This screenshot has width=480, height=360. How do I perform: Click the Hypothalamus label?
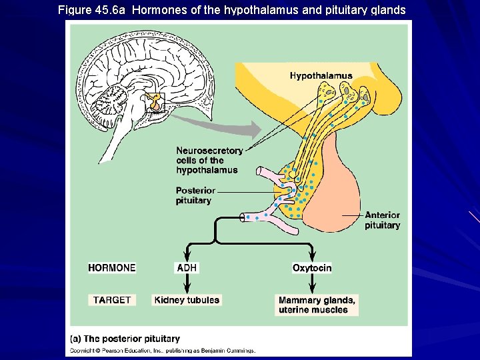coord(321,76)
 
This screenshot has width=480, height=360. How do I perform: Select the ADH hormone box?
coord(187,268)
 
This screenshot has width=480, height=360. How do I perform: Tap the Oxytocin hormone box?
coord(312,268)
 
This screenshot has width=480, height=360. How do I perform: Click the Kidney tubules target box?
coord(187,300)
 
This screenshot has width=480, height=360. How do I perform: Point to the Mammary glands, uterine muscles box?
coord(317,305)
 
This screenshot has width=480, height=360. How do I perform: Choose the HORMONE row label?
coord(111,268)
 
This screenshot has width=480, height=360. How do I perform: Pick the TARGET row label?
coord(112,300)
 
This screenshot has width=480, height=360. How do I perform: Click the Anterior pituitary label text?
coord(382,220)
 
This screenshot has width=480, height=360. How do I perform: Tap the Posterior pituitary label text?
coord(195,195)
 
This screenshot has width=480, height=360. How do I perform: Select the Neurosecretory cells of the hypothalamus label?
coord(209,160)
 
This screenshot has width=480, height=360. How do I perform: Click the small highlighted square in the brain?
coord(155,102)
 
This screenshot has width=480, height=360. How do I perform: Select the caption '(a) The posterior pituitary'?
coord(125,339)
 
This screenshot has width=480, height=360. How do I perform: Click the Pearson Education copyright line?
coord(163,350)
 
